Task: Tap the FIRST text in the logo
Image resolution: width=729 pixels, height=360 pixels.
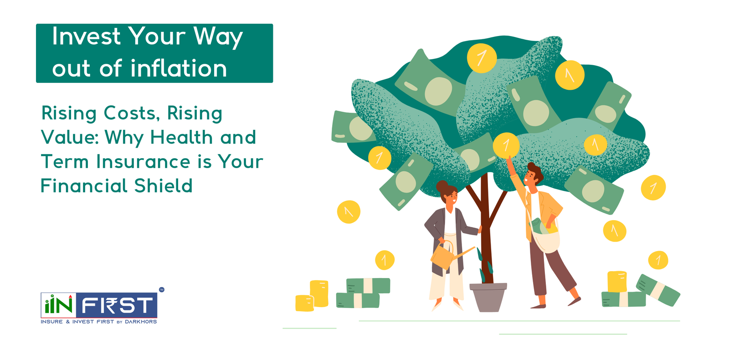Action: [x=118, y=306]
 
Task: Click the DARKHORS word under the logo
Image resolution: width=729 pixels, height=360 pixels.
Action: [x=141, y=322]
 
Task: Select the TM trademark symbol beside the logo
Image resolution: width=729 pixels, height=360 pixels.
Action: [x=161, y=289]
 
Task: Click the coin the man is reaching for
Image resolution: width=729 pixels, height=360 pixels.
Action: [x=506, y=145]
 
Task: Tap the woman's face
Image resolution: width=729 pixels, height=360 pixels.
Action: [x=450, y=197]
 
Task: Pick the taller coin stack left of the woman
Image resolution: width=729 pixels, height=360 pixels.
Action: [x=319, y=293]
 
